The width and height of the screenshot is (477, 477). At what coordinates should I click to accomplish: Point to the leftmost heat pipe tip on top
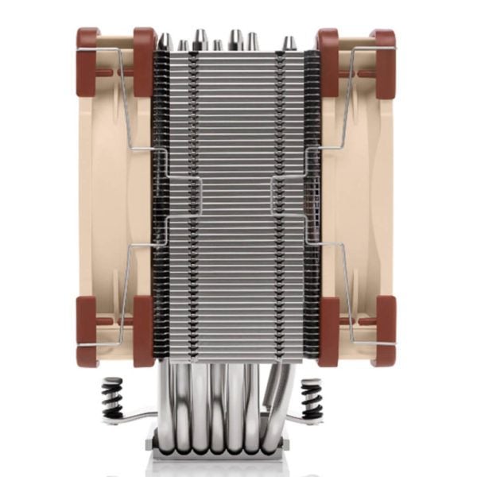165,41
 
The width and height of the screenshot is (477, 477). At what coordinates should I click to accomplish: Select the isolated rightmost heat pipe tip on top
291,43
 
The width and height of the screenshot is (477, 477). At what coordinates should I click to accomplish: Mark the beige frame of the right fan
358,199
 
